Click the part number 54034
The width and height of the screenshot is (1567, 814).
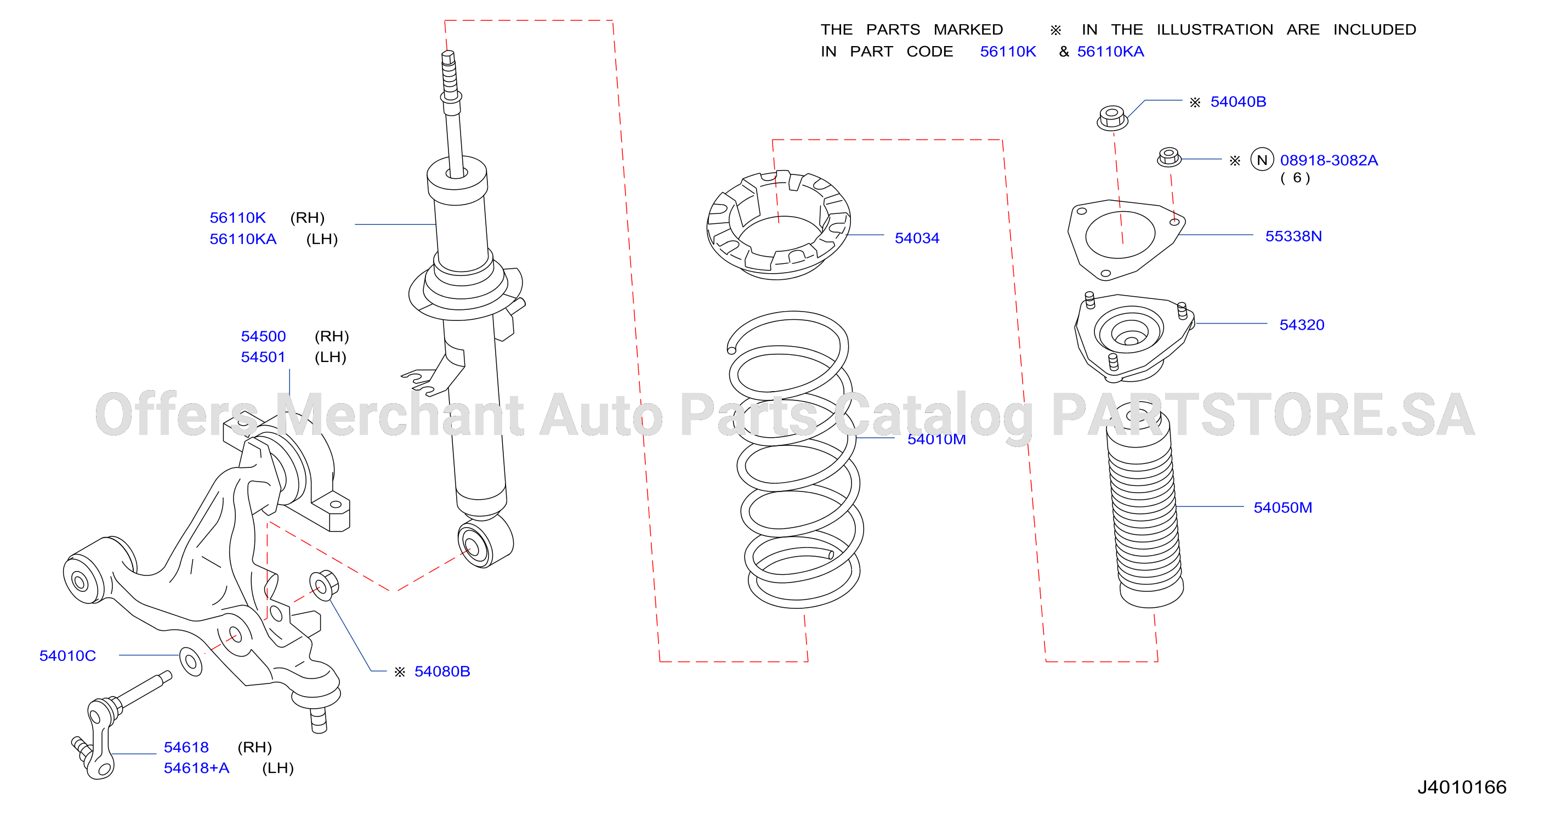tap(917, 238)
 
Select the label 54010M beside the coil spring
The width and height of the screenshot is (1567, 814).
tap(936, 439)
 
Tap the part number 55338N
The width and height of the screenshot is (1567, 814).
tap(1293, 236)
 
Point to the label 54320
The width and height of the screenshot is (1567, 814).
tap(1302, 325)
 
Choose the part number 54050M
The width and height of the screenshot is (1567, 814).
tap(1283, 507)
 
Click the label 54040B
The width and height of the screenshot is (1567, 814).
tap(1238, 101)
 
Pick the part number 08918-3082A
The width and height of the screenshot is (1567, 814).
tap(1328, 160)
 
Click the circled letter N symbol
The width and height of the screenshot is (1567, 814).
tap(1262, 160)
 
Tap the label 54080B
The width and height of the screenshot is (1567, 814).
tap(442, 671)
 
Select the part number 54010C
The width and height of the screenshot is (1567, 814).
tap(67, 656)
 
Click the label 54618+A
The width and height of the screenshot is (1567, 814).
tap(196, 768)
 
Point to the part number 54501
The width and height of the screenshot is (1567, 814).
tap(263, 357)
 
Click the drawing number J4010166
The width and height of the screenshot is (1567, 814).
tap(1462, 787)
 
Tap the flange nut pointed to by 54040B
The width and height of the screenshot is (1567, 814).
tap(1112, 117)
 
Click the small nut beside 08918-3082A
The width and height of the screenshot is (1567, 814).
tap(1168, 157)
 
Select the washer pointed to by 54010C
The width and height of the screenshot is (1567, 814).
tap(190, 662)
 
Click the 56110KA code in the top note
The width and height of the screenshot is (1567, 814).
tap(1110, 52)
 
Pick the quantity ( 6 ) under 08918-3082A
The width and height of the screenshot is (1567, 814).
tap(1295, 178)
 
